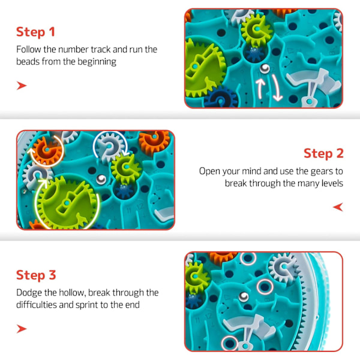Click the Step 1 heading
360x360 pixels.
pyautogui.click(x=35, y=32)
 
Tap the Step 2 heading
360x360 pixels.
pyautogui.click(x=323, y=154)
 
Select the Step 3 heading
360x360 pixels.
pyautogui.click(x=36, y=275)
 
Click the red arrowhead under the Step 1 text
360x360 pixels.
pyautogui.click(x=22, y=86)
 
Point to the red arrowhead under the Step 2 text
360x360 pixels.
pyautogui.click(x=338, y=207)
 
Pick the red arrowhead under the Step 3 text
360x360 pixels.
pyautogui.click(x=22, y=329)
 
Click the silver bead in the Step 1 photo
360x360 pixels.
pyautogui.click(x=265, y=68)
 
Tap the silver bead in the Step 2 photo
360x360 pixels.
pyautogui.click(x=101, y=179)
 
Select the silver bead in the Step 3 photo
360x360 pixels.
pyautogui.click(x=244, y=296)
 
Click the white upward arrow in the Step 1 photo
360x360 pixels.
pyautogui.click(x=260, y=88)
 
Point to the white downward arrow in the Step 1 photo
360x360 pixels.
pyautogui.click(x=276, y=88)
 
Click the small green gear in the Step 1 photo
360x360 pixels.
pyautogui.click(x=257, y=29)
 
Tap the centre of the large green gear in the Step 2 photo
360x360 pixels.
pyautogui.click(x=67, y=203)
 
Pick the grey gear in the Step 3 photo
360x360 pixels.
pyautogui.click(x=284, y=267)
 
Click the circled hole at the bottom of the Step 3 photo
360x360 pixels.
pyautogui.click(x=230, y=343)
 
